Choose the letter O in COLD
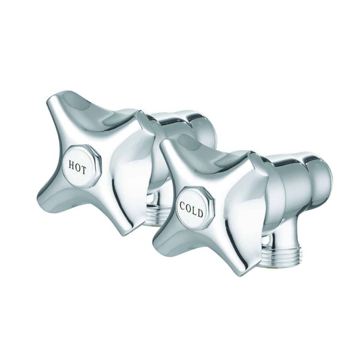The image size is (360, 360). click(188, 206)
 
